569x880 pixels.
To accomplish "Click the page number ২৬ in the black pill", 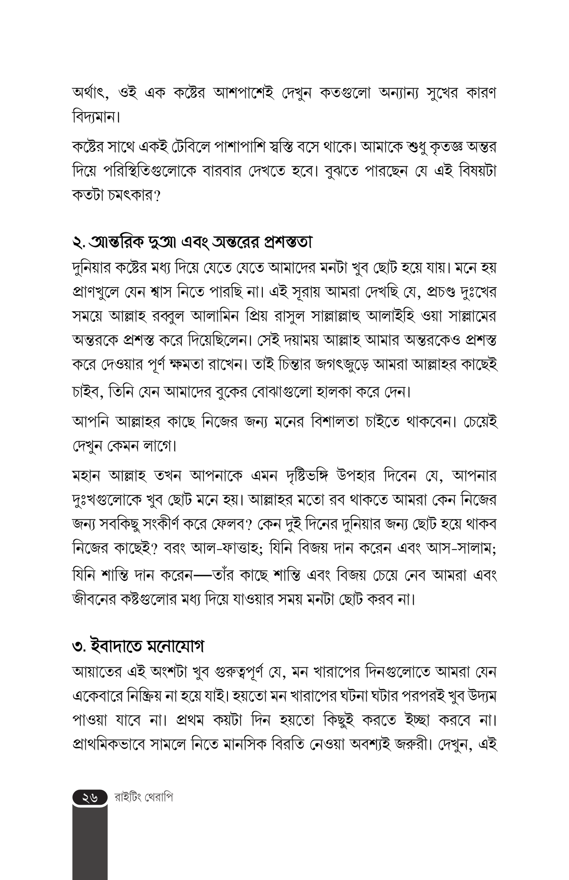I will [x=90, y=798].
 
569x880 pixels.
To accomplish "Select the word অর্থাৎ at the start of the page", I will [x=91, y=94].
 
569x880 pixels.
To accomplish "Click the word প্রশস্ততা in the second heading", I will [x=288, y=242].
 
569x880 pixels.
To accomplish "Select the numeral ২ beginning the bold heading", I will [x=77, y=243].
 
